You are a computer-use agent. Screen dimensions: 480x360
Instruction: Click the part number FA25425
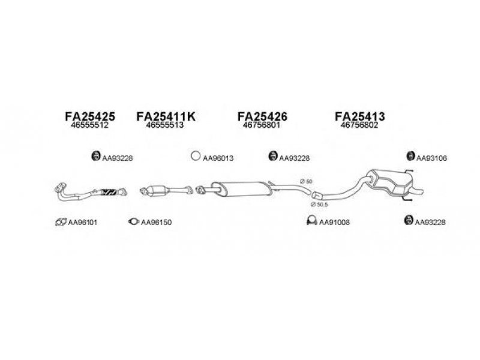(90, 116)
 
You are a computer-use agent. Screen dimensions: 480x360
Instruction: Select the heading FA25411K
(166, 116)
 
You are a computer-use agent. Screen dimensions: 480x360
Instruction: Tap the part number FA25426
(262, 116)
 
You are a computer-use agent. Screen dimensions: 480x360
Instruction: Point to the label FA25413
(359, 116)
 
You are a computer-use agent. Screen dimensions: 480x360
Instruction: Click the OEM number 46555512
(89, 125)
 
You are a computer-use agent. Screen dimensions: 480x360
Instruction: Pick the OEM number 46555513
(164, 125)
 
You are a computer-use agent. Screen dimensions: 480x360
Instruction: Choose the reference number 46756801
(262, 125)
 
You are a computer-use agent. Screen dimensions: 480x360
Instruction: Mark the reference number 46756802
(359, 125)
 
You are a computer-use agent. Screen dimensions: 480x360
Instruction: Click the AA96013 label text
(218, 158)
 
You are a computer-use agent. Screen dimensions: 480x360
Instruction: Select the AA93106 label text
(431, 158)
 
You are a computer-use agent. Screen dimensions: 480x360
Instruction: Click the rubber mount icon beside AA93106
(410, 156)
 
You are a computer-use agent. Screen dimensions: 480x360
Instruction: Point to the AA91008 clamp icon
(311, 221)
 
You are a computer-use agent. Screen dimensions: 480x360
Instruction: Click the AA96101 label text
(82, 222)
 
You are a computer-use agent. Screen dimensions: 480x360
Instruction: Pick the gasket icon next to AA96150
(134, 221)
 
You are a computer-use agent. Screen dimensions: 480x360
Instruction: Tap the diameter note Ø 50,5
(319, 205)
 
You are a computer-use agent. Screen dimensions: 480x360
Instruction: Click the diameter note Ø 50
(306, 182)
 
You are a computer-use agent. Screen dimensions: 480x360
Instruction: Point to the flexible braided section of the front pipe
(109, 192)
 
